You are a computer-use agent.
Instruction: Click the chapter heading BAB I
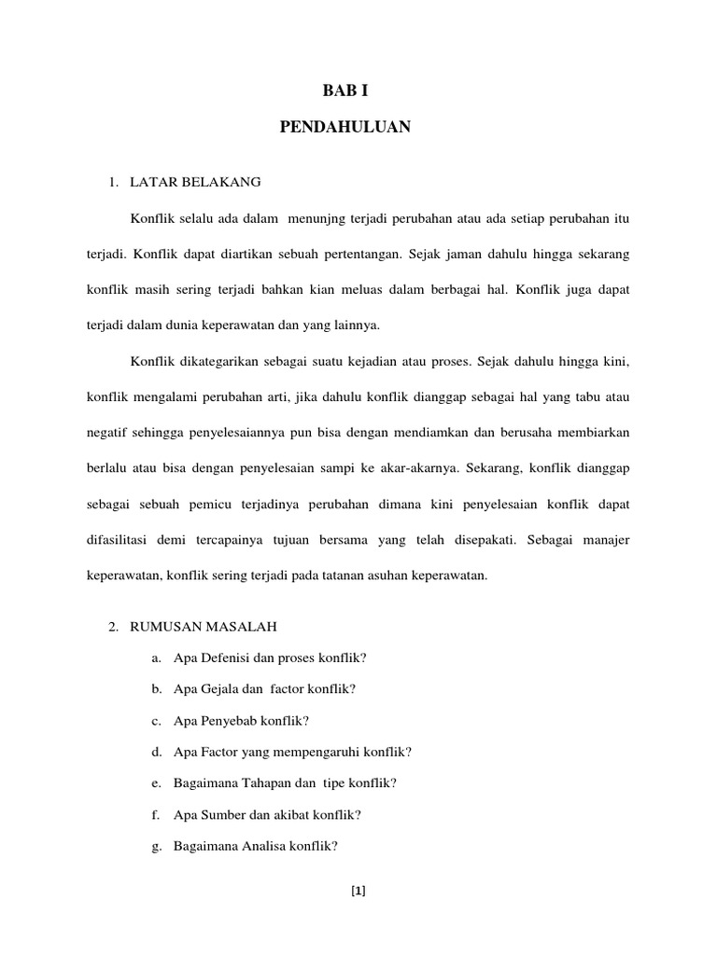[x=344, y=91]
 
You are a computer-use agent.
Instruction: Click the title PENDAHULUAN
[x=344, y=128]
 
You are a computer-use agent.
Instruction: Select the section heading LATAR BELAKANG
[x=195, y=181]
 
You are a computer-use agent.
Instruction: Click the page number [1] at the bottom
[x=358, y=890]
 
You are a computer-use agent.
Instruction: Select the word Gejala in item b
[x=215, y=689]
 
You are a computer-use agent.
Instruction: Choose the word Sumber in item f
[x=217, y=814]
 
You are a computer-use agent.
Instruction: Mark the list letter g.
[x=156, y=846]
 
